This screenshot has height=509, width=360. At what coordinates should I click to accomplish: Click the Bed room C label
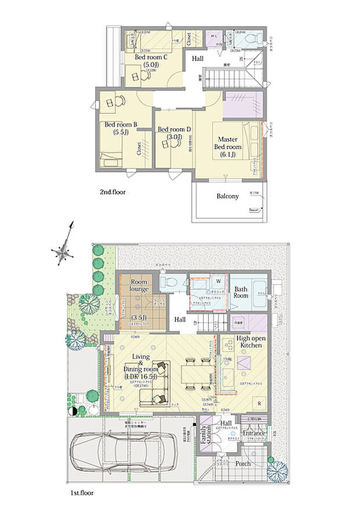coord(151,57)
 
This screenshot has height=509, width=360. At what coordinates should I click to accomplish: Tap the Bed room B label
coord(120,124)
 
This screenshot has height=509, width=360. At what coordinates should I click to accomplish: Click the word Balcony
coord(228,196)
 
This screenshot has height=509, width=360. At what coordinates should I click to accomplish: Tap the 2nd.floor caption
coord(113,191)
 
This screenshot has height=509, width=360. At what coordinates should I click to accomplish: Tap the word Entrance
coord(254,433)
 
